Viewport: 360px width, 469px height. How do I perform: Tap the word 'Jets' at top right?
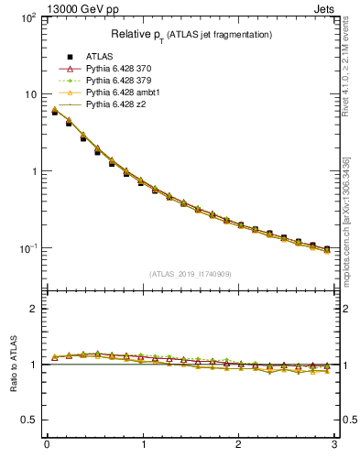(x=325, y=10)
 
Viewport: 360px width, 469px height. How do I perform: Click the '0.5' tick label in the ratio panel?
(x=28, y=420)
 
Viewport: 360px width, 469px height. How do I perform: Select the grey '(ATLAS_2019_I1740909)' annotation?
(x=190, y=274)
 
